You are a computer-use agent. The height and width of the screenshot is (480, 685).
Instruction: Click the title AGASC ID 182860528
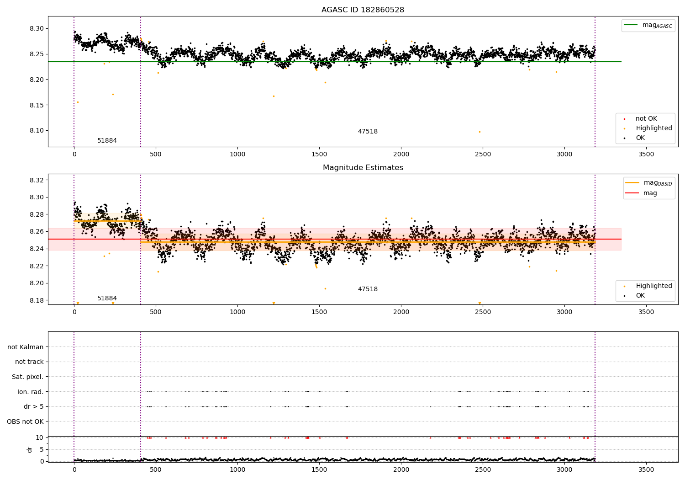click(x=363, y=10)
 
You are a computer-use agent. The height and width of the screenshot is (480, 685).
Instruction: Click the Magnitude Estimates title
click(x=363, y=168)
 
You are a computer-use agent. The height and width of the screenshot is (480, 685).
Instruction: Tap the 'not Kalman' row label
click(x=26, y=347)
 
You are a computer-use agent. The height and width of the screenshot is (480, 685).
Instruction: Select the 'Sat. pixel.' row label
click(x=27, y=377)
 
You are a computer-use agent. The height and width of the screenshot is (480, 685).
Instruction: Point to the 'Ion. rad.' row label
click(x=30, y=392)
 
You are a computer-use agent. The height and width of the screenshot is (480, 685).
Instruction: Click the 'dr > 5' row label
click(x=33, y=406)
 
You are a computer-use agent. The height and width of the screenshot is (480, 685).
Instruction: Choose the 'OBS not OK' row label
click(x=25, y=421)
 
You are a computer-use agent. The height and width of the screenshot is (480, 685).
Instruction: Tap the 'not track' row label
click(x=29, y=362)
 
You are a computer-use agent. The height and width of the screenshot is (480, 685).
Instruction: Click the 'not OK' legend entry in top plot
click(x=646, y=118)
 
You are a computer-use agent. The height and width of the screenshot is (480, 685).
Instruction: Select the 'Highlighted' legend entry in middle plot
click(x=653, y=286)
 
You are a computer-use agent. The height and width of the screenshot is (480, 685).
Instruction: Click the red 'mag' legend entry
click(x=650, y=193)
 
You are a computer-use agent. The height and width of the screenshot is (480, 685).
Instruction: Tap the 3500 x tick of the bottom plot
click(x=646, y=469)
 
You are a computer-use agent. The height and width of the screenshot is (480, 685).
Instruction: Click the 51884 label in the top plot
click(x=107, y=140)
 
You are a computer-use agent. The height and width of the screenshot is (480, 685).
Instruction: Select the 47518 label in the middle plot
click(x=368, y=289)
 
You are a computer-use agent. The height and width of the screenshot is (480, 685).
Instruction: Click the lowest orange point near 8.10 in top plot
click(x=479, y=132)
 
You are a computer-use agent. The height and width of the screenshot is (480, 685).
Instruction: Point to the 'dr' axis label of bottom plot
click(x=30, y=449)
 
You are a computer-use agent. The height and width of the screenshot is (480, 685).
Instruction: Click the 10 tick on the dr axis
click(x=39, y=437)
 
